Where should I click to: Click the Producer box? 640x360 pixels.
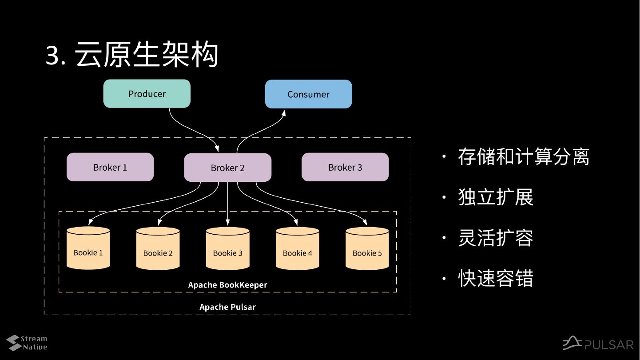tap(147, 94)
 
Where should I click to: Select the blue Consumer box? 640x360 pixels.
tap(309, 94)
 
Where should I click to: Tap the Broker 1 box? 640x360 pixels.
tap(110, 167)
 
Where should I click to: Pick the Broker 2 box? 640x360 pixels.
tap(228, 168)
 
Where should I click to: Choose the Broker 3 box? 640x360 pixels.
tap(345, 167)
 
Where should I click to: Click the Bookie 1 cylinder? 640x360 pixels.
tap(88, 248)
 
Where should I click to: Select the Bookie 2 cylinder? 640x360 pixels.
tap(158, 248)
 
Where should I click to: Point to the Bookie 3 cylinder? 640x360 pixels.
tap(228, 248)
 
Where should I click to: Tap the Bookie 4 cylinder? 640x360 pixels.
tap(298, 248)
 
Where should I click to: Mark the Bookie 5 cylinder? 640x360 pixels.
tap(367, 248)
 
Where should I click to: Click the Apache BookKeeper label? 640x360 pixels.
tap(227, 285)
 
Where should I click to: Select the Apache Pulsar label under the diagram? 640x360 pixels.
tap(227, 307)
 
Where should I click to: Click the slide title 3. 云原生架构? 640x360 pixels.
tap(132, 54)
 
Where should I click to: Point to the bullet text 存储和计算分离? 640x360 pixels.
tap(524, 157)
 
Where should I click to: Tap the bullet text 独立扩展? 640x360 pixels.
tap(496, 197)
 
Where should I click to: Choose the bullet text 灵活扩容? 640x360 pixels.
tap(496, 238)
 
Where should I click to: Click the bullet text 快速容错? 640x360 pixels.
tap(496, 278)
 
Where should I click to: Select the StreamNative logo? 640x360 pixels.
tap(27, 343)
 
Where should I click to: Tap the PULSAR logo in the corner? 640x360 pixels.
tap(598, 343)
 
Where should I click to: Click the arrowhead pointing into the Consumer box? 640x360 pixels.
tap(283, 112)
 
